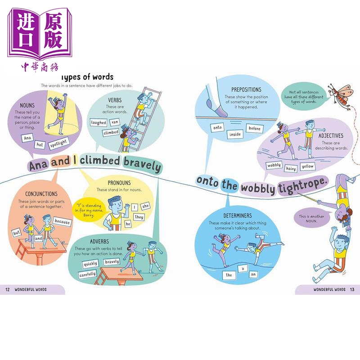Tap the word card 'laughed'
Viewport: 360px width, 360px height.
(98, 122)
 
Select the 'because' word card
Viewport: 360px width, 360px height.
(62, 222)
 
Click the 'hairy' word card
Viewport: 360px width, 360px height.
(290, 168)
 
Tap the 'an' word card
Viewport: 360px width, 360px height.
(254, 274)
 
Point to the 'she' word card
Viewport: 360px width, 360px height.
(145, 205)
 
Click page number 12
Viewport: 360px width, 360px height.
(7, 289)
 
